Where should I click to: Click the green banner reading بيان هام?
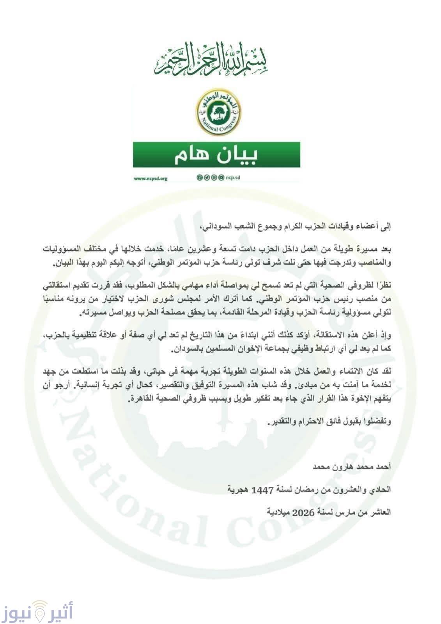(x=216, y=155)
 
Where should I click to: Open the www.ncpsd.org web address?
(x=151, y=179)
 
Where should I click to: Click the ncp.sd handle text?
(x=233, y=178)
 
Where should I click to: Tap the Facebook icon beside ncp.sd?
(x=199, y=178)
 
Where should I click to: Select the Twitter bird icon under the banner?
(x=206, y=178)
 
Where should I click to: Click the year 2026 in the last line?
(x=303, y=512)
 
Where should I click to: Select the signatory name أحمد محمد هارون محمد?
(x=351, y=466)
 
